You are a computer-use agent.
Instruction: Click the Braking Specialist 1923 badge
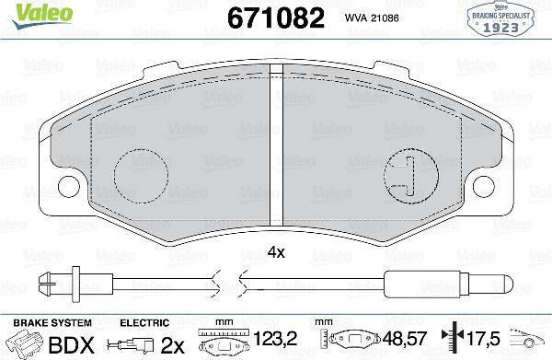tap(507, 19)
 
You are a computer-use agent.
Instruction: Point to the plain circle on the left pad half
tap(141, 172)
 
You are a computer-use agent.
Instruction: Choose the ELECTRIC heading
tap(144, 322)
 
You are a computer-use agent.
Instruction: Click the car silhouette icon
tap(530, 343)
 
